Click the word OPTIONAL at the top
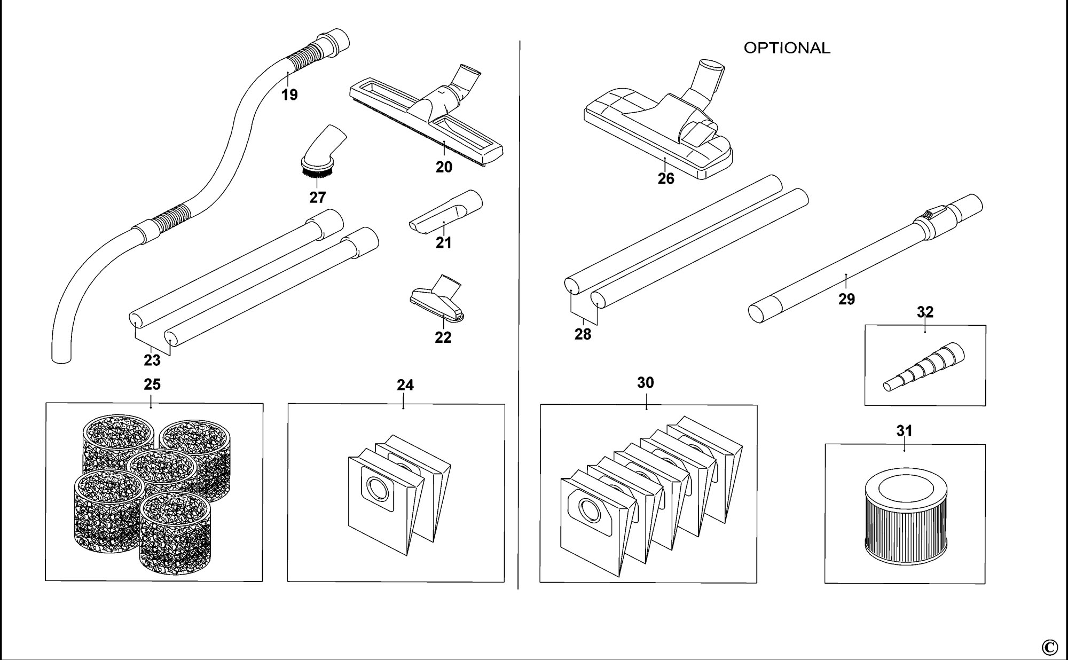tap(787, 48)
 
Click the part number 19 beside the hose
tap(289, 95)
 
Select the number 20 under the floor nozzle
tap(444, 167)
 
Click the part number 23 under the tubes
tap(152, 360)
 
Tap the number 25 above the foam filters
tap(152, 384)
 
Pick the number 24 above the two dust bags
tap(405, 385)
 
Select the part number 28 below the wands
tap(583, 334)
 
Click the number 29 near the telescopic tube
tap(846, 299)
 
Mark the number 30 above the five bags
tap(646, 382)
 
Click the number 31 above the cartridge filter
tap(904, 430)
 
